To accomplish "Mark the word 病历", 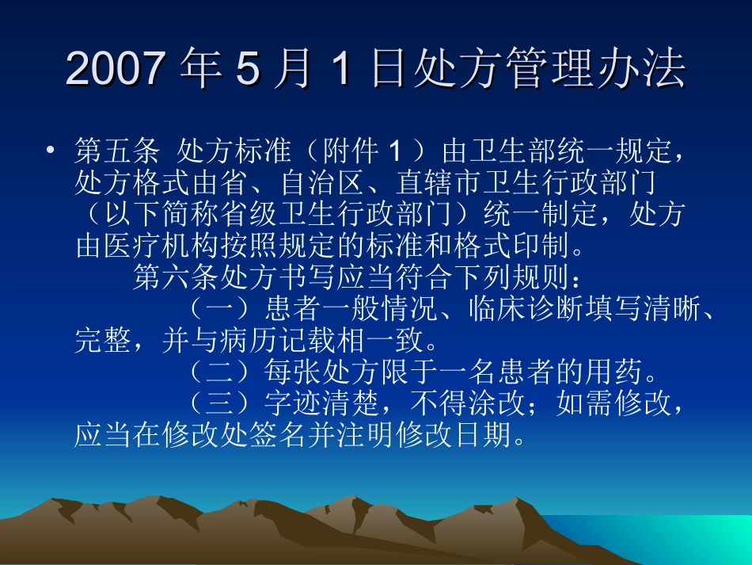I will click(x=278, y=342).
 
